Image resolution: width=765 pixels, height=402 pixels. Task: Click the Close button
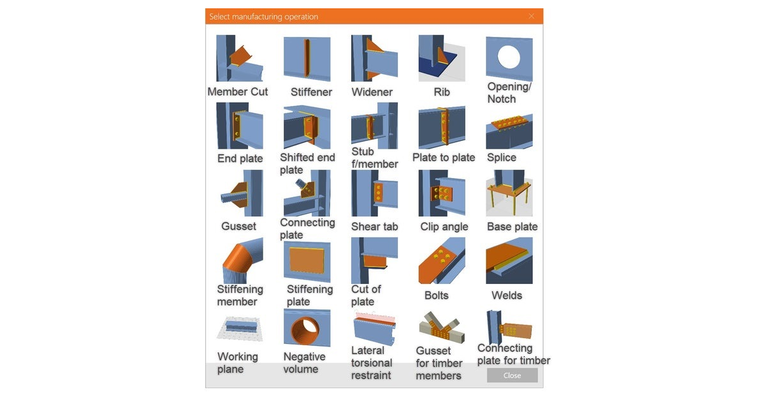tap(512, 375)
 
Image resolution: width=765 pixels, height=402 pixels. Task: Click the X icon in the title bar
tap(531, 16)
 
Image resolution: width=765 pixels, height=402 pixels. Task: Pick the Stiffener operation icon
tap(307, 59)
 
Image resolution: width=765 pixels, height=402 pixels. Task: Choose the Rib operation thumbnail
tap(441, 59)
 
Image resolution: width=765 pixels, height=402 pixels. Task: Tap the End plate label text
tap(240, 158)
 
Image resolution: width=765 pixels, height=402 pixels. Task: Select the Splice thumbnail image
tap(509, 131)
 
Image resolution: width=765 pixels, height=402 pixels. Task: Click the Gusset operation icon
tap(240, 194)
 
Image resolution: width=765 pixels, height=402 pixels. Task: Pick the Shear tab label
tap(374, 227)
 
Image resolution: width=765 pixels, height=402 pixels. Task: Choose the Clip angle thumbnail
tap(441, 193)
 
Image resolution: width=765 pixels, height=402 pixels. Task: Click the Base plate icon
tap(509, 193)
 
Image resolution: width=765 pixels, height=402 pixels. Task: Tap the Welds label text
tap(507, 295)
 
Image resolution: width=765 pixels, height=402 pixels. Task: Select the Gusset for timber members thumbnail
tap(441, 328)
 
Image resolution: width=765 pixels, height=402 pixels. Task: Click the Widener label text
tap(372, 92)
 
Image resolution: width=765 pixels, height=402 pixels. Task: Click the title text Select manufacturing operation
tap(263, 17)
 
